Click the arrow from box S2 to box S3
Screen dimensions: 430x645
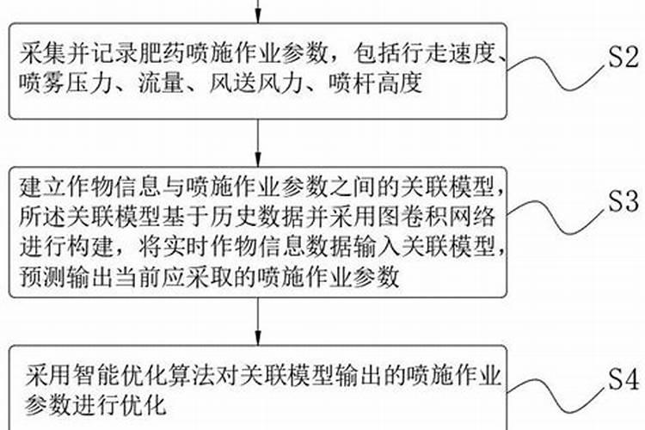tap(259, 140)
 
